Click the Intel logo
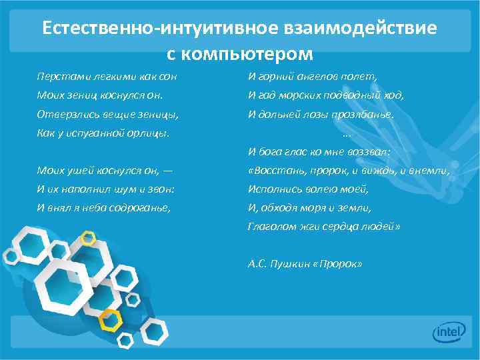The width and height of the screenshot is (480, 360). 449,331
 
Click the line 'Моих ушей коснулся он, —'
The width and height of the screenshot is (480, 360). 105,170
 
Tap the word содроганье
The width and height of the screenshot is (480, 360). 141,207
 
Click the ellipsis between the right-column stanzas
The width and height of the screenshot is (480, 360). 346,133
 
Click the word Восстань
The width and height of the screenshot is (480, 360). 273,170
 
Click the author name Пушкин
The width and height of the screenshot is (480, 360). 296,263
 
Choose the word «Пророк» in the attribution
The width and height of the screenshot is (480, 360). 341,263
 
